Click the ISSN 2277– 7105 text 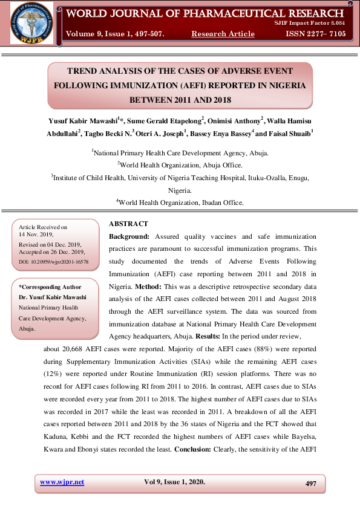coord(316,34)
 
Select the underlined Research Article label coord(223,34)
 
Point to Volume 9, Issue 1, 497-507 coord(115,34)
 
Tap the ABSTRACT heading coord(128,224)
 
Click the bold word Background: coord(129,236)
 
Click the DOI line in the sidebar coord(54,262)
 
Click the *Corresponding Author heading coord(50,287)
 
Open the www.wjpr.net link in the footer coord(62,482)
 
